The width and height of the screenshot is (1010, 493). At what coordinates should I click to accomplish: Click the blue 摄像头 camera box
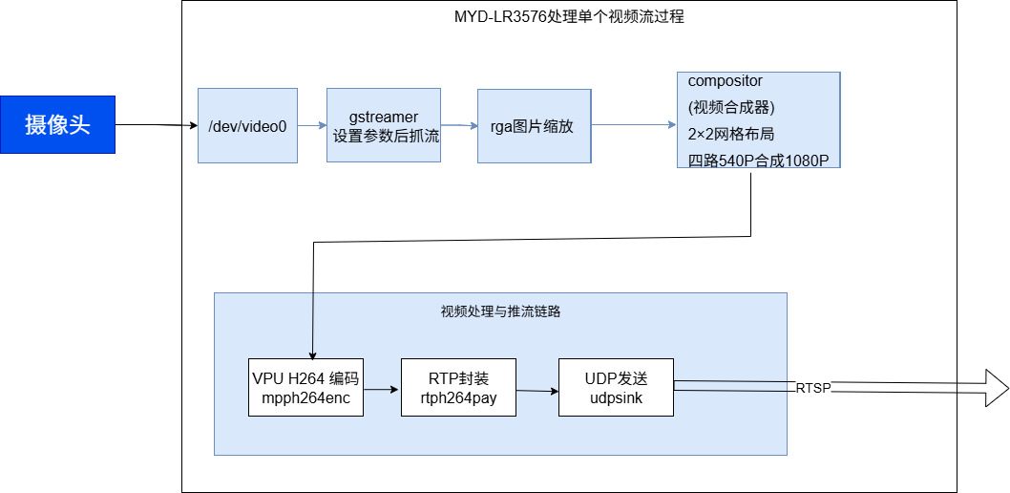tap(57, 124)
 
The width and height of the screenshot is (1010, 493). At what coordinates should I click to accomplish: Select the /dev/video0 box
tap(247, 125)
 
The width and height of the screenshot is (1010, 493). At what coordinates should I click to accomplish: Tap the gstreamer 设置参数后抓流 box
tap(384, 126)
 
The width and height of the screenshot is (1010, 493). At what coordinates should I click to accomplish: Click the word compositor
tap(725, 81)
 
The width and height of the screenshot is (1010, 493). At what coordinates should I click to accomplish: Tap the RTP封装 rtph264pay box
tap(458, 388)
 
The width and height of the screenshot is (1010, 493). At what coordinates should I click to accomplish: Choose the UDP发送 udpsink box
tap(616, 388)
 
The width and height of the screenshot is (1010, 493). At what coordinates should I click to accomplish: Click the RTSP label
tap(813, 387)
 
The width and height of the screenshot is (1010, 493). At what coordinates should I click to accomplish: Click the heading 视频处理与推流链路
tap(499, 311)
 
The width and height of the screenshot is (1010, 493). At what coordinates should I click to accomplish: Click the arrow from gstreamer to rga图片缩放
tap(459, 125)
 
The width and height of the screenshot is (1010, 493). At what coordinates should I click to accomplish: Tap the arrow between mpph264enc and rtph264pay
tap(383, 389)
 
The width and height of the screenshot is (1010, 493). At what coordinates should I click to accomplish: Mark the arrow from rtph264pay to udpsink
tap(537, 390)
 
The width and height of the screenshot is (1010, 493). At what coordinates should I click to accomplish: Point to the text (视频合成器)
tap(730, 107)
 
